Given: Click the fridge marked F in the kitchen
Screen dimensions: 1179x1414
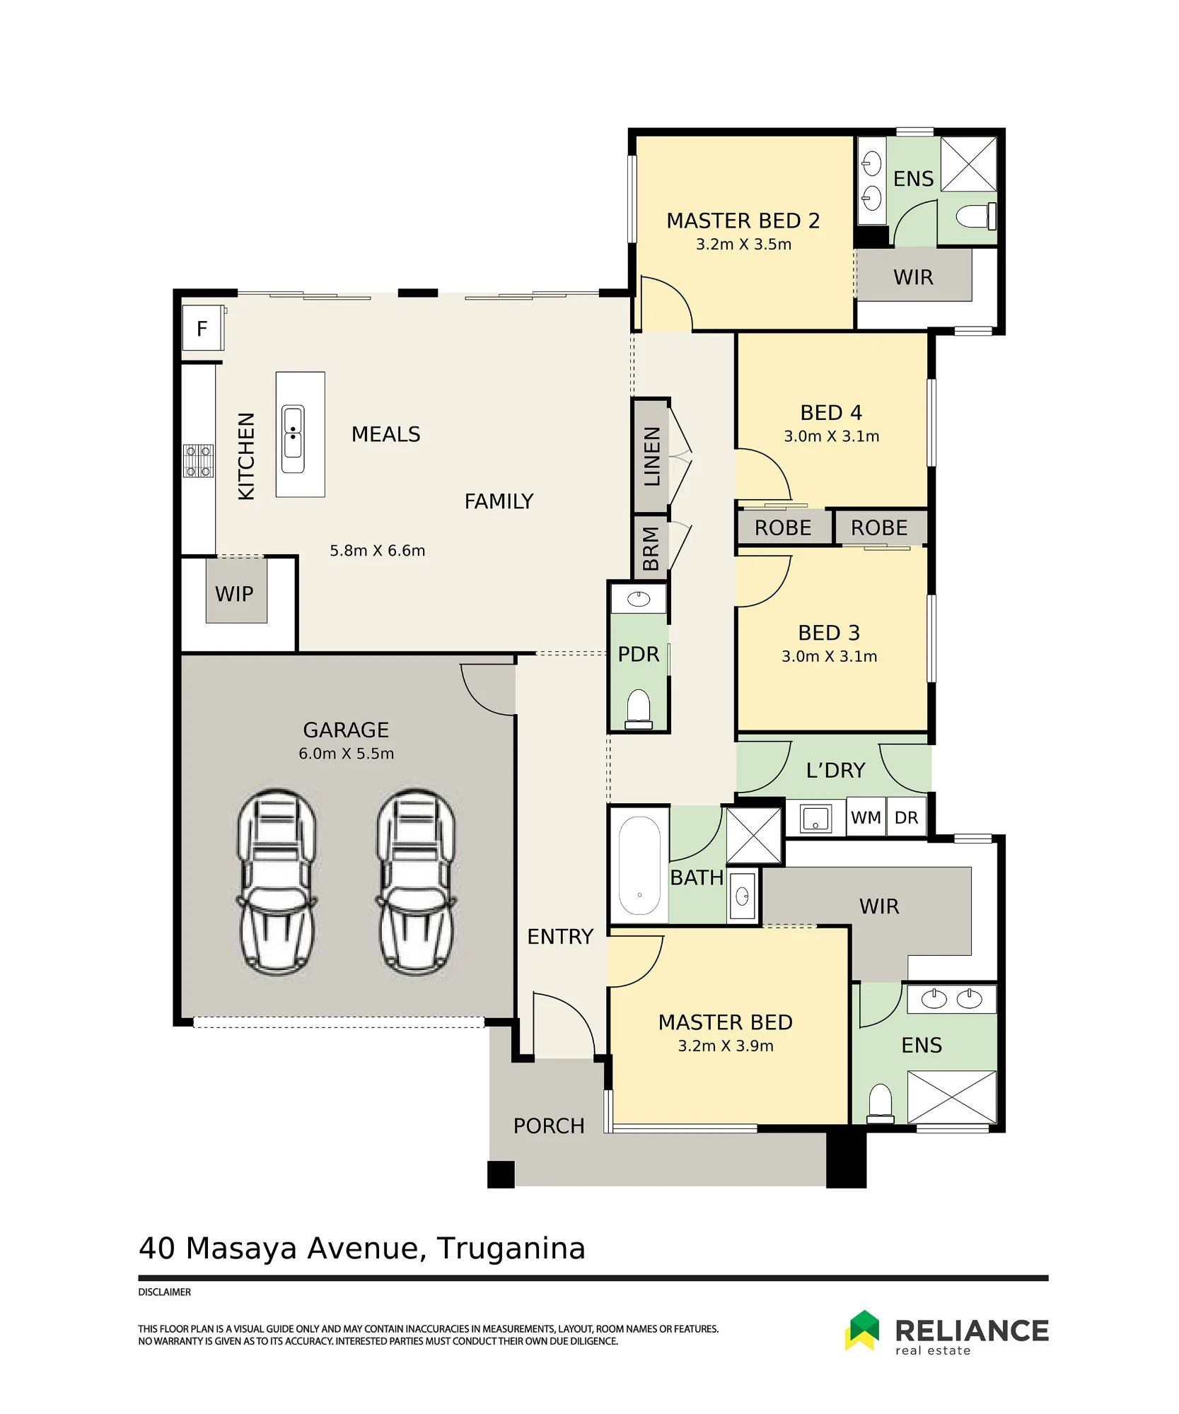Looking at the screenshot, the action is coord(203,328).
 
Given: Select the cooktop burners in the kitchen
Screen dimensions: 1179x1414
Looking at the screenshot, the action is coord(198,461).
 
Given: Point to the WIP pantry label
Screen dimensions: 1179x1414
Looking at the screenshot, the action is coord(234,594).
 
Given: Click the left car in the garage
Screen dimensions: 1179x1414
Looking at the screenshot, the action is coord(277,882).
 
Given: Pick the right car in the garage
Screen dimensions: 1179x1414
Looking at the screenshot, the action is coord(416,882).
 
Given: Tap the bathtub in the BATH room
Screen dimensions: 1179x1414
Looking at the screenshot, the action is coord(639,865).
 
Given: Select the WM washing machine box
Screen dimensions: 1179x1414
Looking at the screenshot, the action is coord(866,818).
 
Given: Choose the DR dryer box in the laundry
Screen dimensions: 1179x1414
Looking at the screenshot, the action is coord(906,818).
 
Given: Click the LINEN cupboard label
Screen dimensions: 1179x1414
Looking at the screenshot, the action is coord(651,456).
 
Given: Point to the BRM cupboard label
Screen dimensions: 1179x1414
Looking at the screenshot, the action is coord(651,548).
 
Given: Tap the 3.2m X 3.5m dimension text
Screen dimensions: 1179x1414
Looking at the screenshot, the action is coord(743,245).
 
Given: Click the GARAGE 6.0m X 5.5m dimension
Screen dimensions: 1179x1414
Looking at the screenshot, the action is coord(346,754).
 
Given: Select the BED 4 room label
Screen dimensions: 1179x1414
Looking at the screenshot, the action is coord(831,413).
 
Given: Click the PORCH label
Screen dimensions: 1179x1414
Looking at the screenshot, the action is coord(549,1126).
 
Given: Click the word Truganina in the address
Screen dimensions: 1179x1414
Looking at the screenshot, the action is coord(511,1248).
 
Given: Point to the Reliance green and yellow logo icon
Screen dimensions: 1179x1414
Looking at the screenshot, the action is coord(862,1330).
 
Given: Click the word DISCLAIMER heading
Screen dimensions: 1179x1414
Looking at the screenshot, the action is coord(164,1292).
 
